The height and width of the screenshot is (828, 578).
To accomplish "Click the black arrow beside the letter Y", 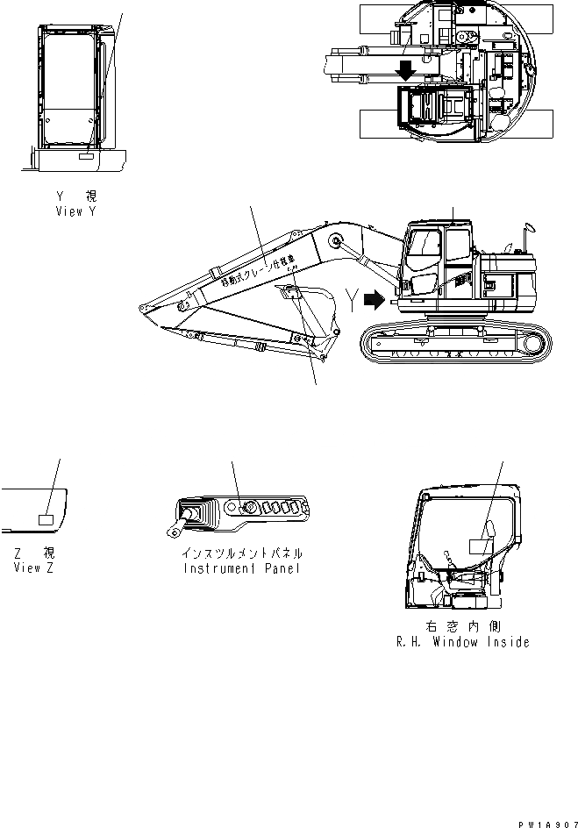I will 373,301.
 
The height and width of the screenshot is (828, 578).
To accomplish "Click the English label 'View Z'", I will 34,567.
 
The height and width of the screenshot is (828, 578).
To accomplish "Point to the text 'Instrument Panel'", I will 243,567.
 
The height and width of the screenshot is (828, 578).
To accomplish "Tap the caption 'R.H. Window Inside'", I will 463,642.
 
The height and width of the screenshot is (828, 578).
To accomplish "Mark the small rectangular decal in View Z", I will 46,519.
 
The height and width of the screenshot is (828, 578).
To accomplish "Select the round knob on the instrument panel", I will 248,506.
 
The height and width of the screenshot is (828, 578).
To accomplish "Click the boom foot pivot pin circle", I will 335,241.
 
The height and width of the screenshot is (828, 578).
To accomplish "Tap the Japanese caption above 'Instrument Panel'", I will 243,553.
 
